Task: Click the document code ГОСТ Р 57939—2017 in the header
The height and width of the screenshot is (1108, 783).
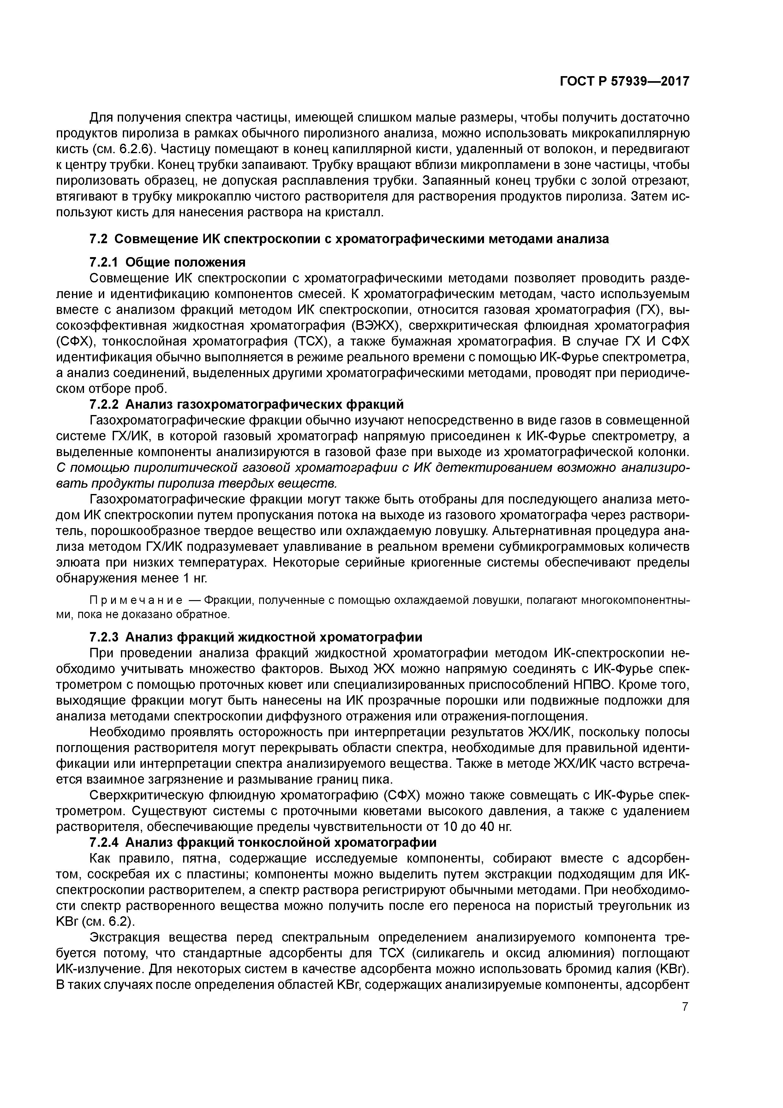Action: pyautogui.click(x=624, y=81)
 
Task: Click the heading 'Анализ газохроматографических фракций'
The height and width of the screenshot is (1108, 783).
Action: pyautogui.click(x=264, y=404)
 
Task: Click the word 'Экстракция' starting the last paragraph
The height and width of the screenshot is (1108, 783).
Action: pyautogui.click(x=125, y=938)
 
